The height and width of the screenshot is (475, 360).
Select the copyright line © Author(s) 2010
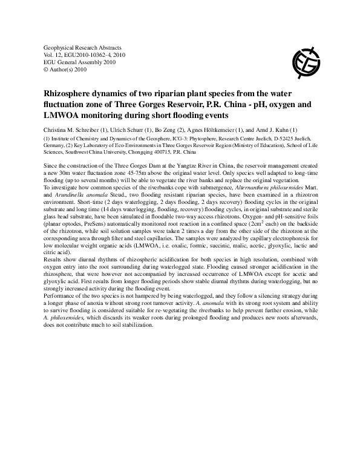66,70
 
